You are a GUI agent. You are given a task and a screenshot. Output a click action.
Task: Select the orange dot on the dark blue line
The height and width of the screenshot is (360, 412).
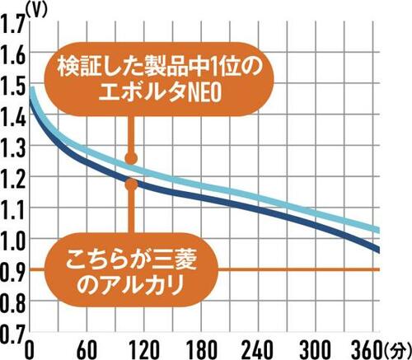point(130,183)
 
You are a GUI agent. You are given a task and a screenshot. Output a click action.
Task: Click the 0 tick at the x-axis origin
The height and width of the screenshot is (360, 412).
point(30,347)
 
